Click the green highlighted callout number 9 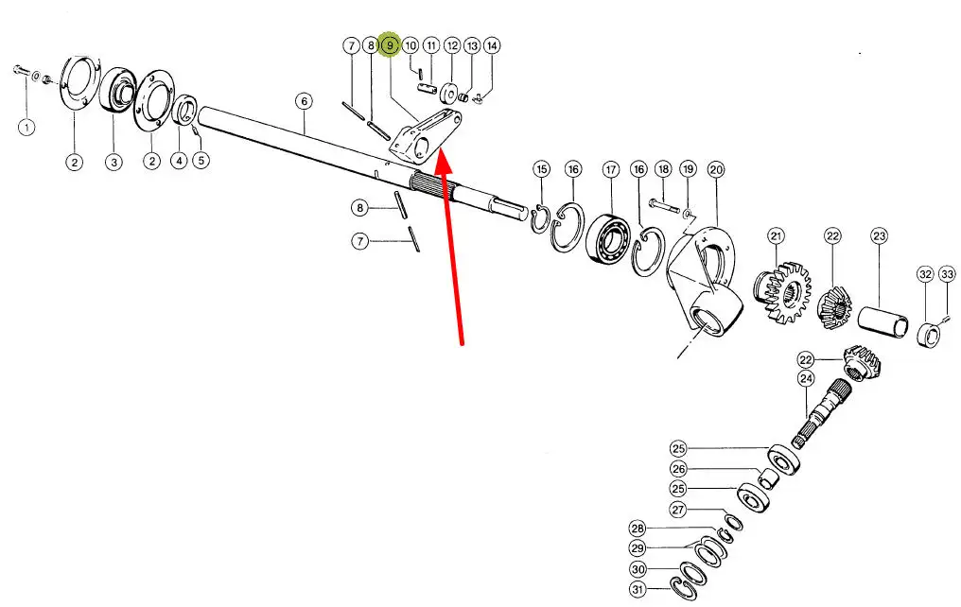389,44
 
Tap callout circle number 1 26,127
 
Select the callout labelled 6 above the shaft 303,100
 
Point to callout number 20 716,169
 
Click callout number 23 880,235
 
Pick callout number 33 948,274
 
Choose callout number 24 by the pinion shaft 806,379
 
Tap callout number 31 638,591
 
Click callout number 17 611,169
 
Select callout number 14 492,44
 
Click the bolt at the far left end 21,70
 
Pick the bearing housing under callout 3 115,93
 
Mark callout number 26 678,468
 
